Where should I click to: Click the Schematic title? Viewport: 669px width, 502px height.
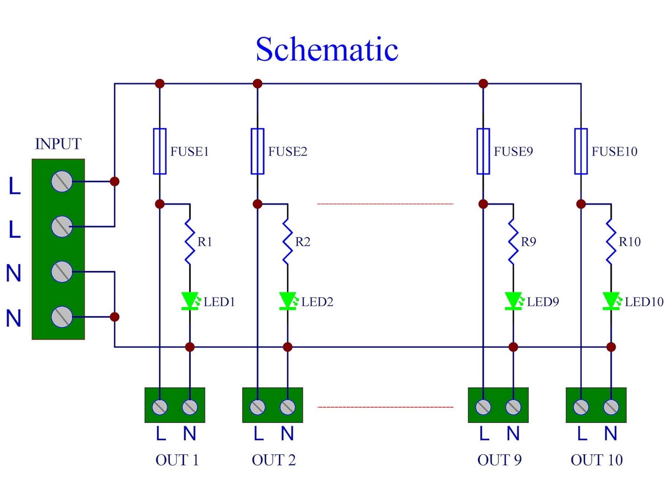[327, 49]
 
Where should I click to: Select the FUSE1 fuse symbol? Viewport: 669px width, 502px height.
[160, 151]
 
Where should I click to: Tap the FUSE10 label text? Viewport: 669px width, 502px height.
[614, 152]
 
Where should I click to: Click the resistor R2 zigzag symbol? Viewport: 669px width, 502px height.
[288, 241]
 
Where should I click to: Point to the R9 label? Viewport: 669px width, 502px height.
[529, 242]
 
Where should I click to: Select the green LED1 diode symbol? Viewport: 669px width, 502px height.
[190, 301]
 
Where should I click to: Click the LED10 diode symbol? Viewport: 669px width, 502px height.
[611, 301]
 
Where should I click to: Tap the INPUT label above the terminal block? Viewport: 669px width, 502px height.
[58, 144]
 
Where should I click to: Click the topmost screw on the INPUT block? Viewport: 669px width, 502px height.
[62, 181]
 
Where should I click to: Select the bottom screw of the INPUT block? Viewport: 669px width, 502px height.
[62, 317]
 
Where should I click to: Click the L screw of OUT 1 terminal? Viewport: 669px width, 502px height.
[160, 407]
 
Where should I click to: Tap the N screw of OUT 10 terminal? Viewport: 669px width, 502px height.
[611, 407]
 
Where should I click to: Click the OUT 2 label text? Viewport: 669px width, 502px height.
[273, 460]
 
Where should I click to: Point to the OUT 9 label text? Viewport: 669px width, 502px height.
[499, 460]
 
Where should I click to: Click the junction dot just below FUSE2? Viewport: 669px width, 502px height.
[257, 204]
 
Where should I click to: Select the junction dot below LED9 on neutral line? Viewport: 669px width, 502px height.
[513, 347]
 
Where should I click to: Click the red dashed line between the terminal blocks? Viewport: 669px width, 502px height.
[385, 407]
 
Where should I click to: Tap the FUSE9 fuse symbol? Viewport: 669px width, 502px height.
[483, 151]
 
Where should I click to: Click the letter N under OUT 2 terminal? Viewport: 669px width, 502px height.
[287, 434]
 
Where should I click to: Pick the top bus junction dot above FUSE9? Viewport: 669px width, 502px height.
[483, 83]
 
